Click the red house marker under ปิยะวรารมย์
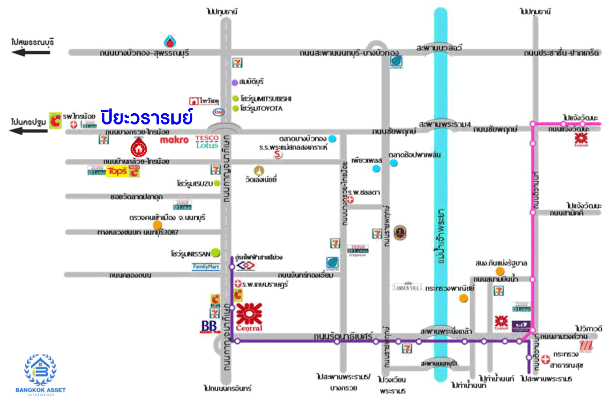(138, 148)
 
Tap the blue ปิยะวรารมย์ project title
(147, 116)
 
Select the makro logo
(174, 140)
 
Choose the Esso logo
(219, 112)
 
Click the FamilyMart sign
(206, 266)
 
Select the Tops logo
(116, 172)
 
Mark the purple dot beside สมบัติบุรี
(235, 82)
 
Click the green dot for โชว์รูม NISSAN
(216, 252)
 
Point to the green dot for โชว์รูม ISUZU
(217, 183)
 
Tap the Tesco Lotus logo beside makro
(207, 141)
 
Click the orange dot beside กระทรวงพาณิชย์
(463, 298)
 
